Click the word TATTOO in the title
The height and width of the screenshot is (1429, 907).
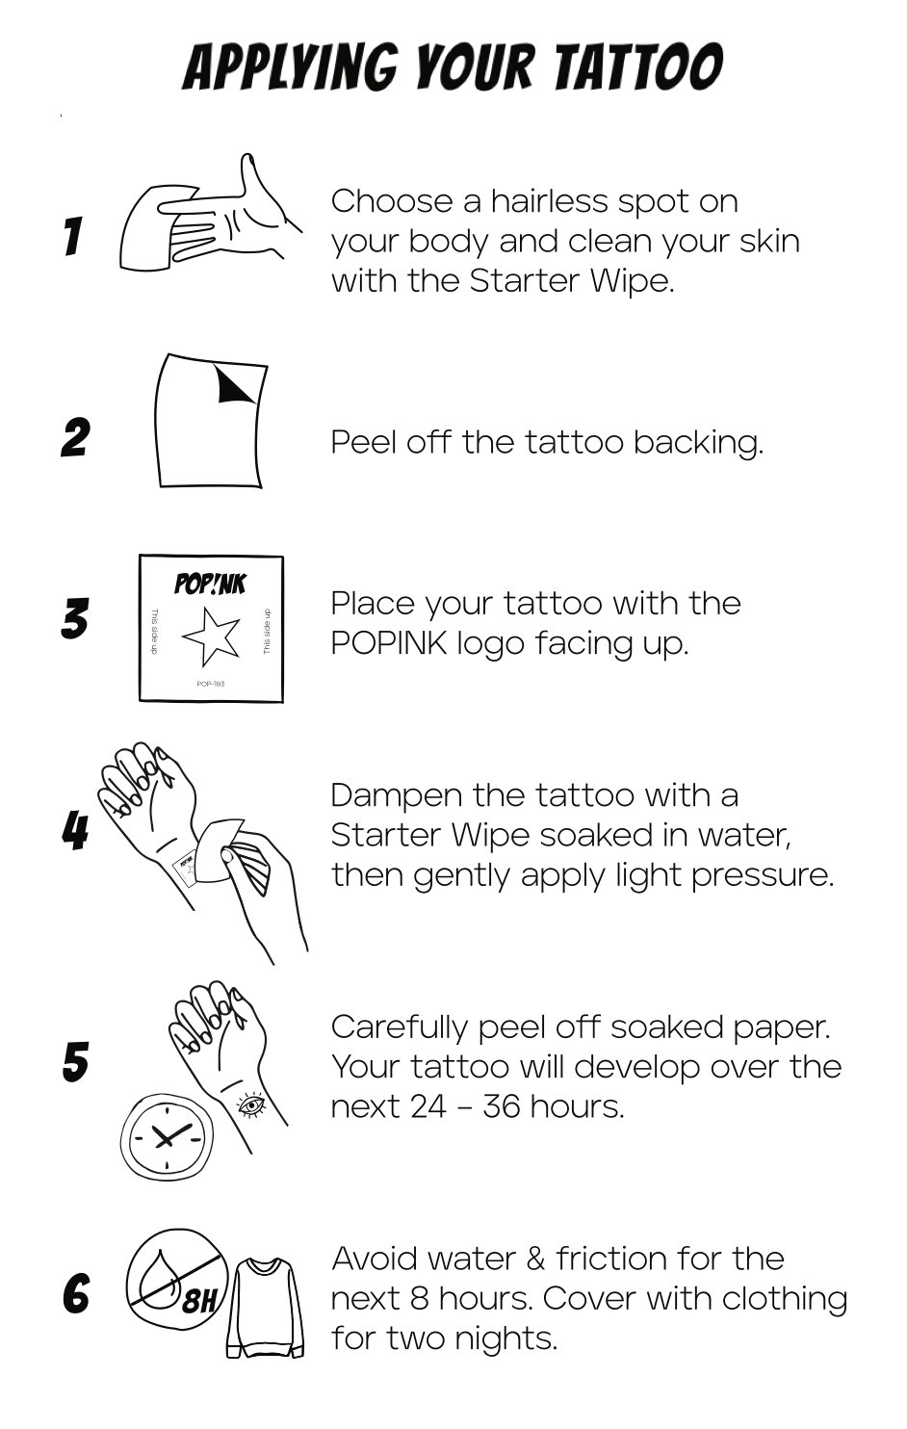637,66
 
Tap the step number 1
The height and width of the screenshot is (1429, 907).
74,236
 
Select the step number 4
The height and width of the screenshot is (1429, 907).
75,830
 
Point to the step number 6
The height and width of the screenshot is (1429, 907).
76,1294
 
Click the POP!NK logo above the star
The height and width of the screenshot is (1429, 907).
210,584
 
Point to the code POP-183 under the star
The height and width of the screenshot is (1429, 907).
211,684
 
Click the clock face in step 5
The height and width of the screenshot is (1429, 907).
168,1137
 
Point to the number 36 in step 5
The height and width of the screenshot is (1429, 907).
502,1106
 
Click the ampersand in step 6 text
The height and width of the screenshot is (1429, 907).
535,1259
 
